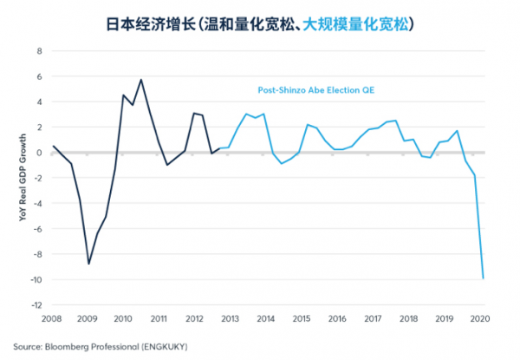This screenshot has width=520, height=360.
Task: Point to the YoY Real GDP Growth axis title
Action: pos(24,178)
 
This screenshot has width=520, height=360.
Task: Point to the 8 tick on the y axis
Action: pos(39,50)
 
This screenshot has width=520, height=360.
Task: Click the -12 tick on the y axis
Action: pos(36,304)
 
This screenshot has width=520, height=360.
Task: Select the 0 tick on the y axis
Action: pos(39,152)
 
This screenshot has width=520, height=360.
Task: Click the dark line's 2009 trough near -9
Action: pos(88,263)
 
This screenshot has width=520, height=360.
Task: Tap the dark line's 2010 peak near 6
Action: pos(141,80)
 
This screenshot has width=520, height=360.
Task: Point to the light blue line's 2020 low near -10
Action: pos(484,278)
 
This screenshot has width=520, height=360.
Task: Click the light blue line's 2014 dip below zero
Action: pos(282,163)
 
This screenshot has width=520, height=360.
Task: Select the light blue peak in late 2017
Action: pos(396,121)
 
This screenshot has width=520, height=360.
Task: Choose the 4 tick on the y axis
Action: pos(39,101)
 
